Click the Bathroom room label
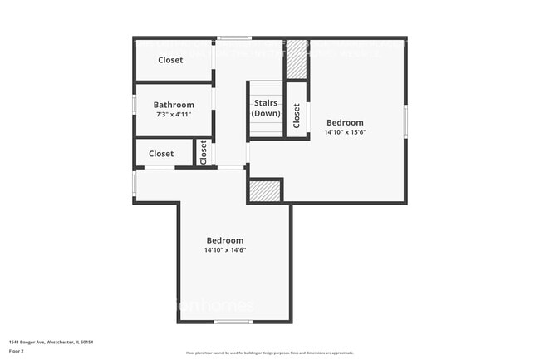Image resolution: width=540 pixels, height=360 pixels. [x=174, y=105]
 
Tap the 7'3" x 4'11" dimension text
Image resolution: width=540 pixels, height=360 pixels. [x=174, y=115]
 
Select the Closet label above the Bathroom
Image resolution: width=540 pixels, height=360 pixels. [x=170, y=60]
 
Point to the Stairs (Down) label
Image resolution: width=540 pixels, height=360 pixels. [x=266, y=108]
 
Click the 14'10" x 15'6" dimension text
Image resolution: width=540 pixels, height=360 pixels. [x=345, y=132]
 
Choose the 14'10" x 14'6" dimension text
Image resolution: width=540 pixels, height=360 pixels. [x=224, y=250]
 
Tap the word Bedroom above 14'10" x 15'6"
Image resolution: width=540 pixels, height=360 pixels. [x=345, y=122]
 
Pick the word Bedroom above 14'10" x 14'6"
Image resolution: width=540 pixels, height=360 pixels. [x=224, y=240]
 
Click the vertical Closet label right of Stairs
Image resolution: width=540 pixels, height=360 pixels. [x=297, y=115]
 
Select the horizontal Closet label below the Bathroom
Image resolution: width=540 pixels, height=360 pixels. [x=161, y=154]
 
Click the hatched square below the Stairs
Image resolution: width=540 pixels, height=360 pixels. [x=265, y=190]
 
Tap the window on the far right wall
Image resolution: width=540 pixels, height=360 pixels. [x=405, y=121]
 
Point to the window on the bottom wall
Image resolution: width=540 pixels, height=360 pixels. [x=233, y=322]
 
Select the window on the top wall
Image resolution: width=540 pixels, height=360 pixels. [x=234, y=37]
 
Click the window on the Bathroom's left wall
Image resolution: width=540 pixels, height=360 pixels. [x=134, y=105]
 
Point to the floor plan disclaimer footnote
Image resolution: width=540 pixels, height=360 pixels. [x=269, y=353]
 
